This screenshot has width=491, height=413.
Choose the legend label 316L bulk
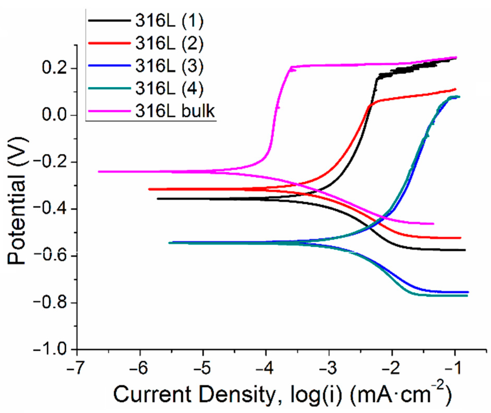(175, 111)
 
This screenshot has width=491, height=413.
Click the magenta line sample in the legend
(109, 111)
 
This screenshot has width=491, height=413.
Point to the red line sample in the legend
(109, 43)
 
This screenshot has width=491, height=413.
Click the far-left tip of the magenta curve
(99, 172)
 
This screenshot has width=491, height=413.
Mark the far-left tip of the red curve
(149, 189)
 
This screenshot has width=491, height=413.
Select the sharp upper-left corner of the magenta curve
(291, 67)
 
